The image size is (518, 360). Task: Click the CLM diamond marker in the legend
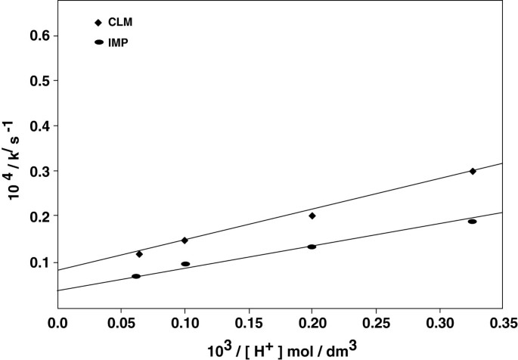98,23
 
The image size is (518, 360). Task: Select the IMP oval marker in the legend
98,42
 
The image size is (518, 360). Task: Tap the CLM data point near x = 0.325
473,171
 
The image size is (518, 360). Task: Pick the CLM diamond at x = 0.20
312,216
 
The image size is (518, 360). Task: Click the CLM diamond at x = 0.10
185,240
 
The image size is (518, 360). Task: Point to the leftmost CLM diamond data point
139,254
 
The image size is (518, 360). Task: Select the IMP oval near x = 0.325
472,222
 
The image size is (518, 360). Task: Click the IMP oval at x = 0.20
312,247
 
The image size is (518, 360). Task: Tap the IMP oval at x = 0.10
185,264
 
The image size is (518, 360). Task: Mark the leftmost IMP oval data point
136,276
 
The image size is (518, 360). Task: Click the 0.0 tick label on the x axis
57,322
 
